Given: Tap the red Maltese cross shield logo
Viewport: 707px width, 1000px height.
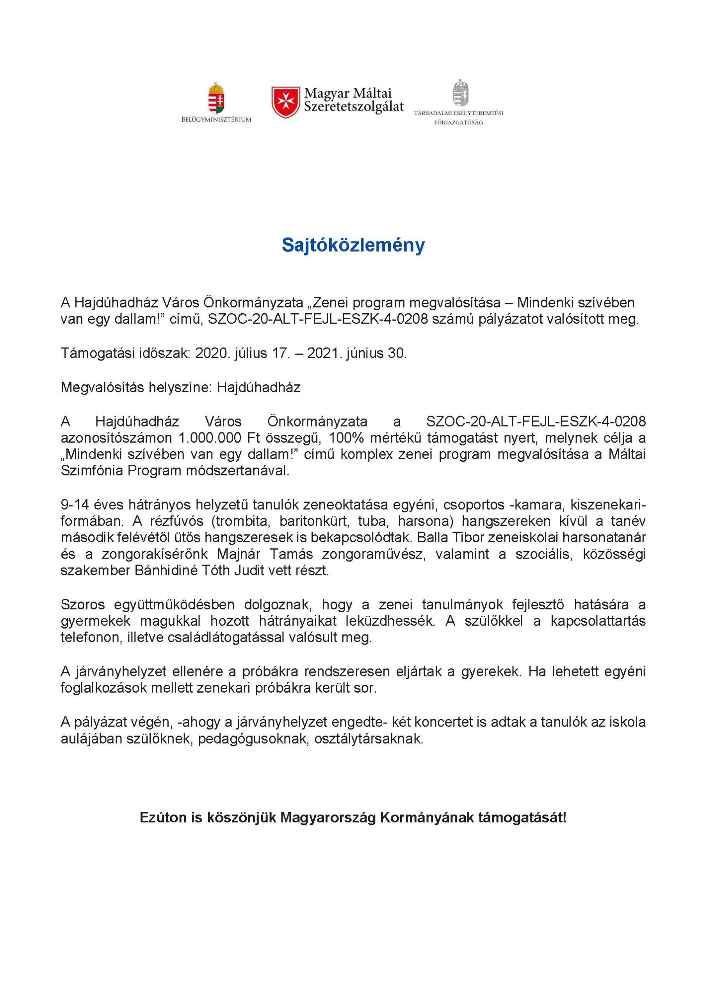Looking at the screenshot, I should (x=286, y=102).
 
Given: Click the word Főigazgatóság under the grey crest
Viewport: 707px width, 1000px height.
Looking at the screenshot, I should (x=458, y=122).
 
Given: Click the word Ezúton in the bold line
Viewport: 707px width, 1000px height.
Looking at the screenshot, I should (x=158, y=818).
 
